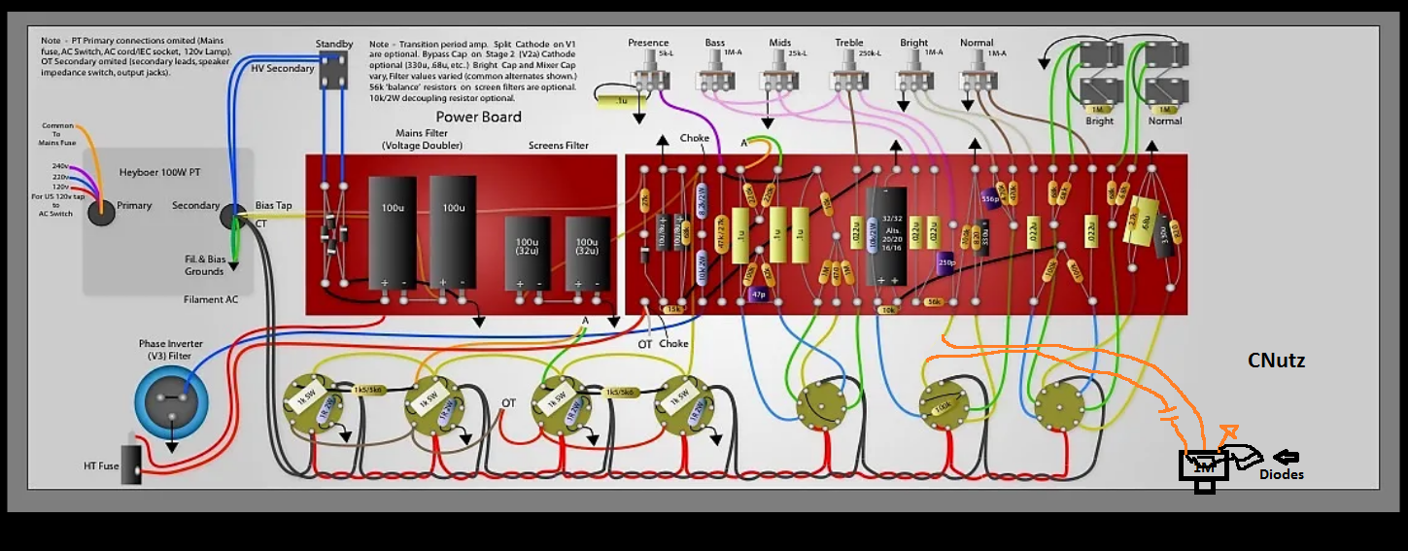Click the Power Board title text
tap(478, 117)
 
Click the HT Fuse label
tap(101, 466)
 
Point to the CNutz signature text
tap(1276, 361)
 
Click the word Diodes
tap(1281, 474)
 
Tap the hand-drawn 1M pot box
tap(1204, 467)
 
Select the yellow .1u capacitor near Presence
tap(610, 100)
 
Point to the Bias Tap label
tap(273, 205)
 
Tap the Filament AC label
tap(211, 299)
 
